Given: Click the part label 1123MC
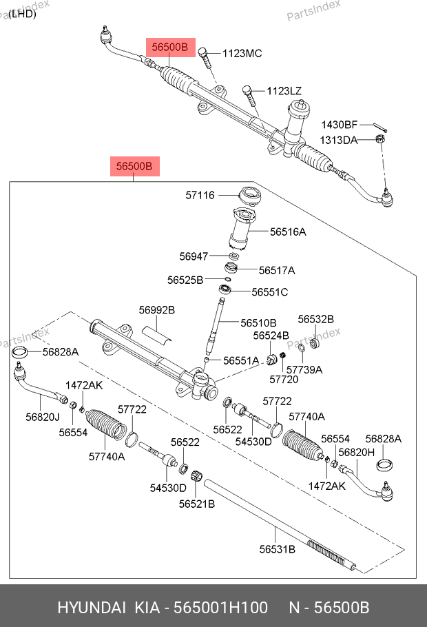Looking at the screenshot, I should pos(243,53).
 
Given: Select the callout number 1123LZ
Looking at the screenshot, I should pos(284,91).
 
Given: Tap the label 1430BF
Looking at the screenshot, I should pos(340,125).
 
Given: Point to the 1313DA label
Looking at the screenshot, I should pos(338,140).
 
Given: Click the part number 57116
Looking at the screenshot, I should pos(200,196).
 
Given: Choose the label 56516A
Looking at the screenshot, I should pos(288,232).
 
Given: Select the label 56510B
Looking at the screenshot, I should pos(258,322).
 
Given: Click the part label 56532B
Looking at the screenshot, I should pos(315,319).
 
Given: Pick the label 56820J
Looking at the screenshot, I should pos(43,416).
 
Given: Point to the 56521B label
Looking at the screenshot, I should pos(197,504).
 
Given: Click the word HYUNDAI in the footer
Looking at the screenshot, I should pos(91,608).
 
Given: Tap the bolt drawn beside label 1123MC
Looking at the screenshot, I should pos(206,58).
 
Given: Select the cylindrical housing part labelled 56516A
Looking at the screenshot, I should pos(243,230).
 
